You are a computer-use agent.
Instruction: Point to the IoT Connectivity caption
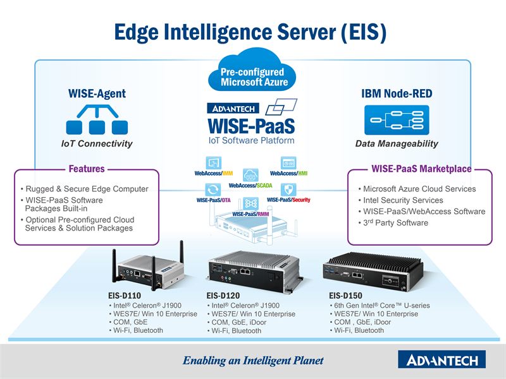tap(97, 144)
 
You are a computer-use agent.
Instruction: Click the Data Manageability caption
tap(397, 144)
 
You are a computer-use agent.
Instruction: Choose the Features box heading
tap(87, 169)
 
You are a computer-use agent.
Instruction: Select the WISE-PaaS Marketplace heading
tap(421, 169)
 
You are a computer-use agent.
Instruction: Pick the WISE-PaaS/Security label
tap(288, 200)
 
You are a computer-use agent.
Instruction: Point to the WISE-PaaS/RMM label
tap(250, 214)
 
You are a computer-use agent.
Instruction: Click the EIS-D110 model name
tap(125, 295)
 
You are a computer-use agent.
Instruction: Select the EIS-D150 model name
tap(346, 295)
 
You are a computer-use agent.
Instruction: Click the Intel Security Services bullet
tap(403, 200)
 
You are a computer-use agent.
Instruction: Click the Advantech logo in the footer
tap(441, 360)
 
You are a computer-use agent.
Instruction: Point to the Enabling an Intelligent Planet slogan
tap(253, 361)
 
